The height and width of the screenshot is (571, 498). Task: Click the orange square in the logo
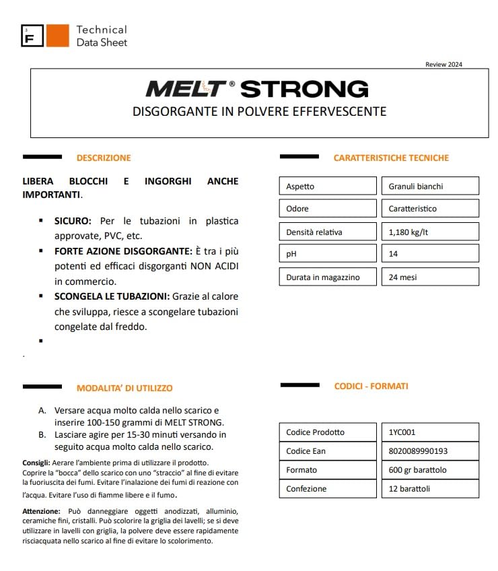click(57, 36)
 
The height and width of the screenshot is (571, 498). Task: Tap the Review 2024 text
click(443, 65)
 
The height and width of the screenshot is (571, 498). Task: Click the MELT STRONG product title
click(257, 89)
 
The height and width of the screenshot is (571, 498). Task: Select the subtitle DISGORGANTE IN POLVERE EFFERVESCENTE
click(259, 111)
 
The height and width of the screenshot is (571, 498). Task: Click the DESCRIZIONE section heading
click(104, 158)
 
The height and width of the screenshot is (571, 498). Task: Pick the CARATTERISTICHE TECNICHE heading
click(391, 158)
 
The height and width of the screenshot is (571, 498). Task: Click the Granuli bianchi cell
click(429, 187)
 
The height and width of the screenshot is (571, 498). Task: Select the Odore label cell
click(328, 209)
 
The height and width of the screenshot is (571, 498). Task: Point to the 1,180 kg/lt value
click(429, 232)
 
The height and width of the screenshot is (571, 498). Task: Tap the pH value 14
click(429, 255)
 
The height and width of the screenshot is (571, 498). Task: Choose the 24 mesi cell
click(429, 277)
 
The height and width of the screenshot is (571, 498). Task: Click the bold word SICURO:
click(75, 221)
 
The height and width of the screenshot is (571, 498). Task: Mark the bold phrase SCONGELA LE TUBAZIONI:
click(112, 296)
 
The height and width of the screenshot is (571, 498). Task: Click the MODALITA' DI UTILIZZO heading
click(124, 388)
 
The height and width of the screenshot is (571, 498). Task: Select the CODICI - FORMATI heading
click(371, 387)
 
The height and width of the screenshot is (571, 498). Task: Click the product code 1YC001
click(429, 432)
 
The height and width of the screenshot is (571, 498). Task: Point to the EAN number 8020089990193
click(429, 451)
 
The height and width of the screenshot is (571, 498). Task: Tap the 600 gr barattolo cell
click(429, 470)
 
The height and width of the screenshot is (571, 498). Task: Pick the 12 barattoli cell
click(429, 489)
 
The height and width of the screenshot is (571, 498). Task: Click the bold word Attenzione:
click(41, 512)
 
